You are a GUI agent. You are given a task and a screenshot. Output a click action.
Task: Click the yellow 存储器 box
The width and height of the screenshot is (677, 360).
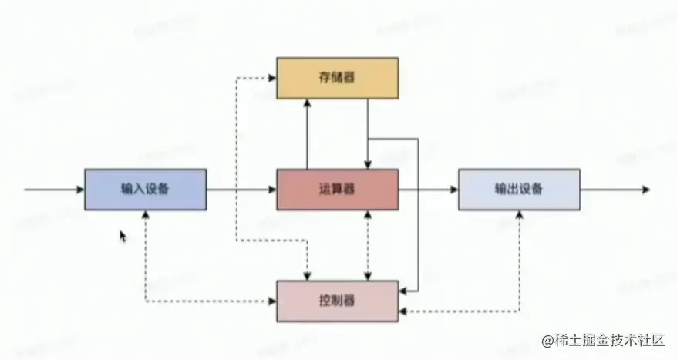(x=337, y=78)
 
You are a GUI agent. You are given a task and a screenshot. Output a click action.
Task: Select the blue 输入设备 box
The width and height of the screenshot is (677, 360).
(x=145, y=190)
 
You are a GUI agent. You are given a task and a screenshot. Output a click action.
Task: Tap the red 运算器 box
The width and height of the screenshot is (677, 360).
(x=337, y=190)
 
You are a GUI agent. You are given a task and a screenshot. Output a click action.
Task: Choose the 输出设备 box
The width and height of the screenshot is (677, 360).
(x=518, y=190)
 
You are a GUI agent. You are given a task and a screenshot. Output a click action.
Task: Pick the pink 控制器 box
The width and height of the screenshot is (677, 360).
(x=337, y=300)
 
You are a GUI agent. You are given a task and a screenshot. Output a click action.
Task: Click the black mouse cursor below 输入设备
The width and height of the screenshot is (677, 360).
(x=123, y=235)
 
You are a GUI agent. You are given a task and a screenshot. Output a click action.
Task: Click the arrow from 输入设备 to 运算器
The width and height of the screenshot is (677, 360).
(x=241, y=190)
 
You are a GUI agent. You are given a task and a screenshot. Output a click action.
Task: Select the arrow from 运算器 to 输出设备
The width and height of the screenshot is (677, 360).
(x=428, y=190)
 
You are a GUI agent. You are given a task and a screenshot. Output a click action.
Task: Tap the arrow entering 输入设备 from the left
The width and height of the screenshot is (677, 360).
(x=54, y=190)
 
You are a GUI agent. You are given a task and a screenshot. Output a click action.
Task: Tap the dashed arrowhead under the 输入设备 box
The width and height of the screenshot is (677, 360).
(x=146, y=215)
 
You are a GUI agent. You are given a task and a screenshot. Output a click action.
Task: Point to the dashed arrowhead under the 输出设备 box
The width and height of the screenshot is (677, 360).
(x=519, y=215)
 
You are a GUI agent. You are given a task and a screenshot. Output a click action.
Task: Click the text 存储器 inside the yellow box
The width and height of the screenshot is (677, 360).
(x=337, y=78)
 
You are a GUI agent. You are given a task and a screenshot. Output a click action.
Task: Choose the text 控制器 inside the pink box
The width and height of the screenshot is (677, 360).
(x=337, y=300)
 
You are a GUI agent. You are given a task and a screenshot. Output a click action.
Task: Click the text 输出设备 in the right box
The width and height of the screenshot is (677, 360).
(x=518, y=190)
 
